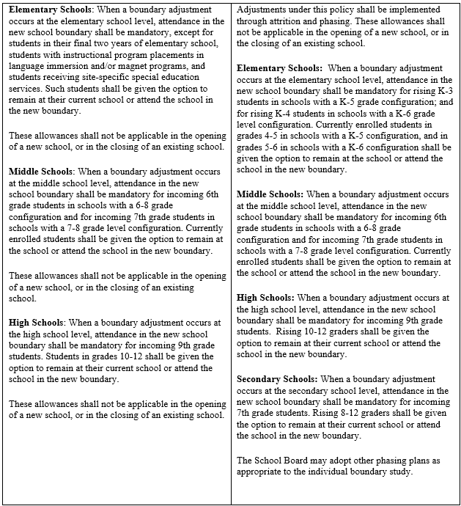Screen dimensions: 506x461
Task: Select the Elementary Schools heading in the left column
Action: pyautogui.click(x=48, y=12)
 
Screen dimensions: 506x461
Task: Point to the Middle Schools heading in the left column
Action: pyautogui.click(x=42, y=172)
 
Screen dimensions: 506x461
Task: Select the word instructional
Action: pyautogui.click(x=86, y=55)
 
